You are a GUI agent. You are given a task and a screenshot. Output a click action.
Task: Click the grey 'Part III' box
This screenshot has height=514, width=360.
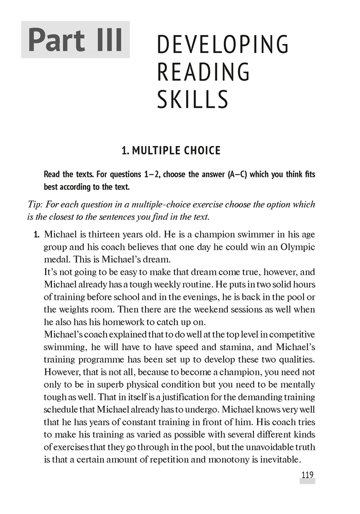pyautogui.click(x=76, y=40)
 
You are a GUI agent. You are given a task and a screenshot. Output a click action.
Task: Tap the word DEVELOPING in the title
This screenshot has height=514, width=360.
pyautogui.click(x=222, y=45)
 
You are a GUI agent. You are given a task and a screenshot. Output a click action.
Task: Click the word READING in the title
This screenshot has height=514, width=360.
pyautogui.click(x=203, y=71)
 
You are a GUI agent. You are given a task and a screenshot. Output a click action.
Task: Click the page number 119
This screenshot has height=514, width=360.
pyautogui.click(x=307, y=475)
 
